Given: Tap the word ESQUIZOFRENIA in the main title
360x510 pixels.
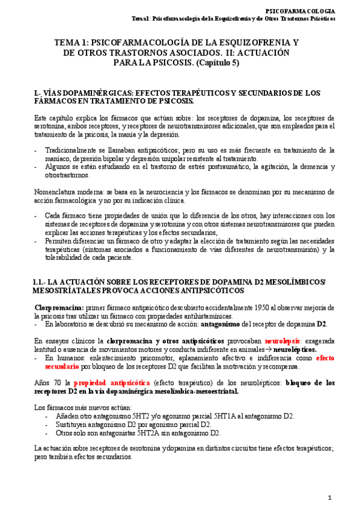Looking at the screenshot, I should [249, 43].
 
